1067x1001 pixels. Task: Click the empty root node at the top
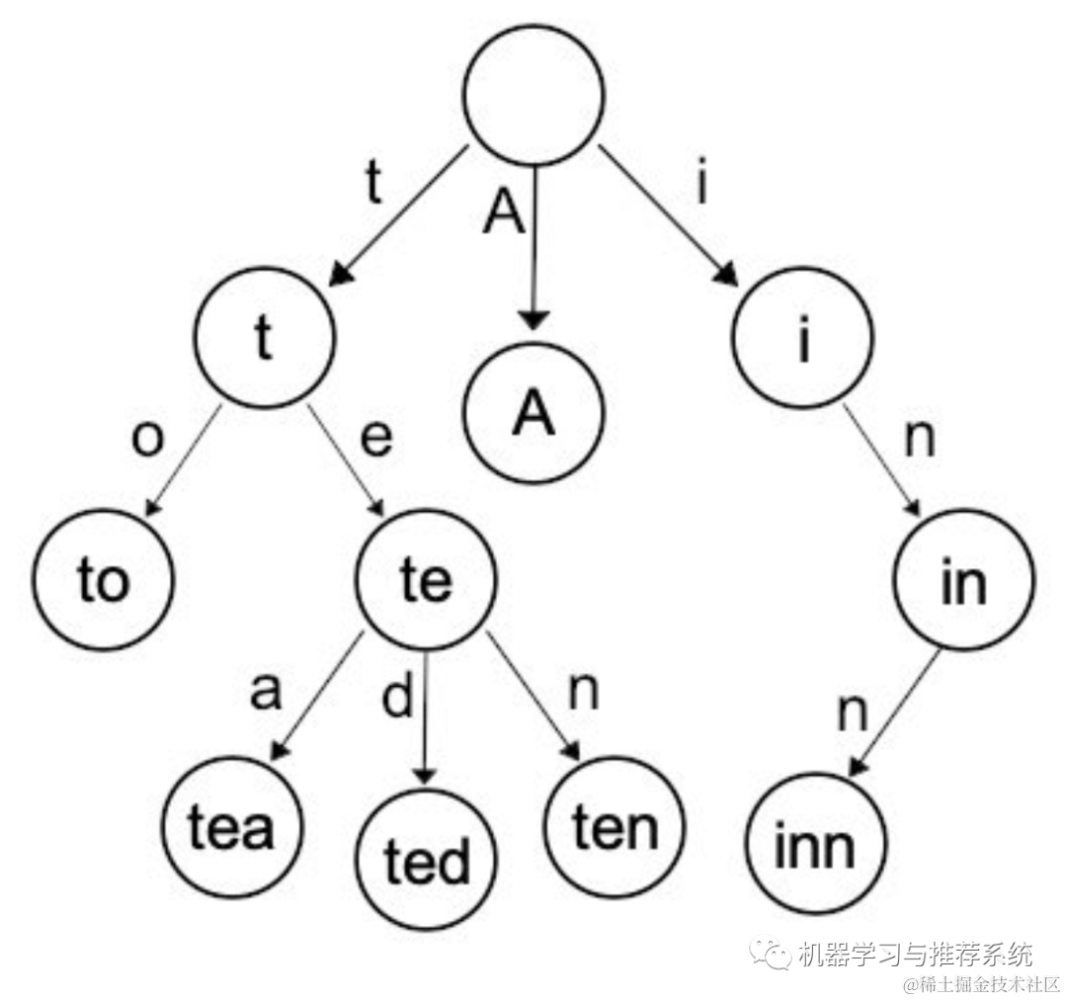pos(533,95)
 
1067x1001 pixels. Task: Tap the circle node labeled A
pos(533,415)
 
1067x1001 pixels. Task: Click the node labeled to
pos(103,579)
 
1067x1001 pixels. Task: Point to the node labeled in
pos(963,581)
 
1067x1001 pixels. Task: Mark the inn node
pos(815,846)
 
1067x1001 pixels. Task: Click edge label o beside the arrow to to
pos(146,439)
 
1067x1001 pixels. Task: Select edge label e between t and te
pos(375,439)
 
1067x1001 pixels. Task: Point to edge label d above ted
pos(397,698)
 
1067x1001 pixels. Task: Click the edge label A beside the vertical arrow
pos(503,213)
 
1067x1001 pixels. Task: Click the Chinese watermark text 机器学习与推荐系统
pos(914,955)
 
